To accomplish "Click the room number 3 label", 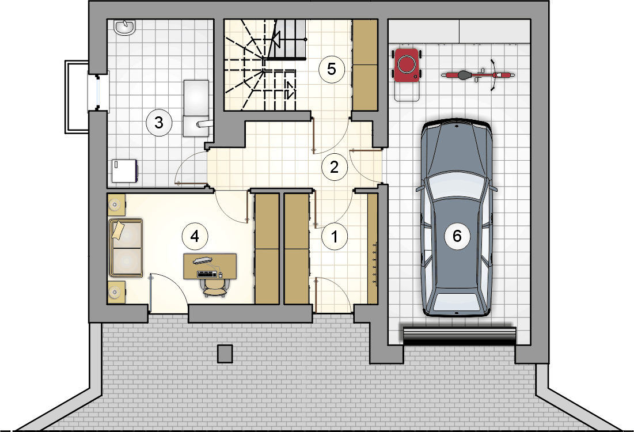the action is point(159,123).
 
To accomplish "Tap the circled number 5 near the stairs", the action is point(332,69).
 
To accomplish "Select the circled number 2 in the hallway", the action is point(335,167).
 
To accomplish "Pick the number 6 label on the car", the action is point(457,236).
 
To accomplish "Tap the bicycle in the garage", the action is point(479,75).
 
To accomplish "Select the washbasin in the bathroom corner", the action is point(124,28).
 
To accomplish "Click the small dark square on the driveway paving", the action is point(225,354).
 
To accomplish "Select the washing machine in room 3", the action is point(124,171).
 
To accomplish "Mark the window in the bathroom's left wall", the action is point(98,92).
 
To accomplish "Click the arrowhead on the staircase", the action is point(276,40).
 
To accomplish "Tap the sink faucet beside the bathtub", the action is point(203,123).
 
